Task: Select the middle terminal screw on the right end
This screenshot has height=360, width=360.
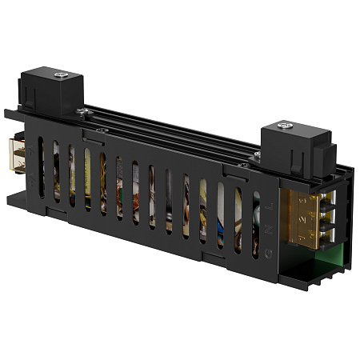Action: click(x=325, y=218)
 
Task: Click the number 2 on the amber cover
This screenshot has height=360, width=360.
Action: click(x=298, y=218)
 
